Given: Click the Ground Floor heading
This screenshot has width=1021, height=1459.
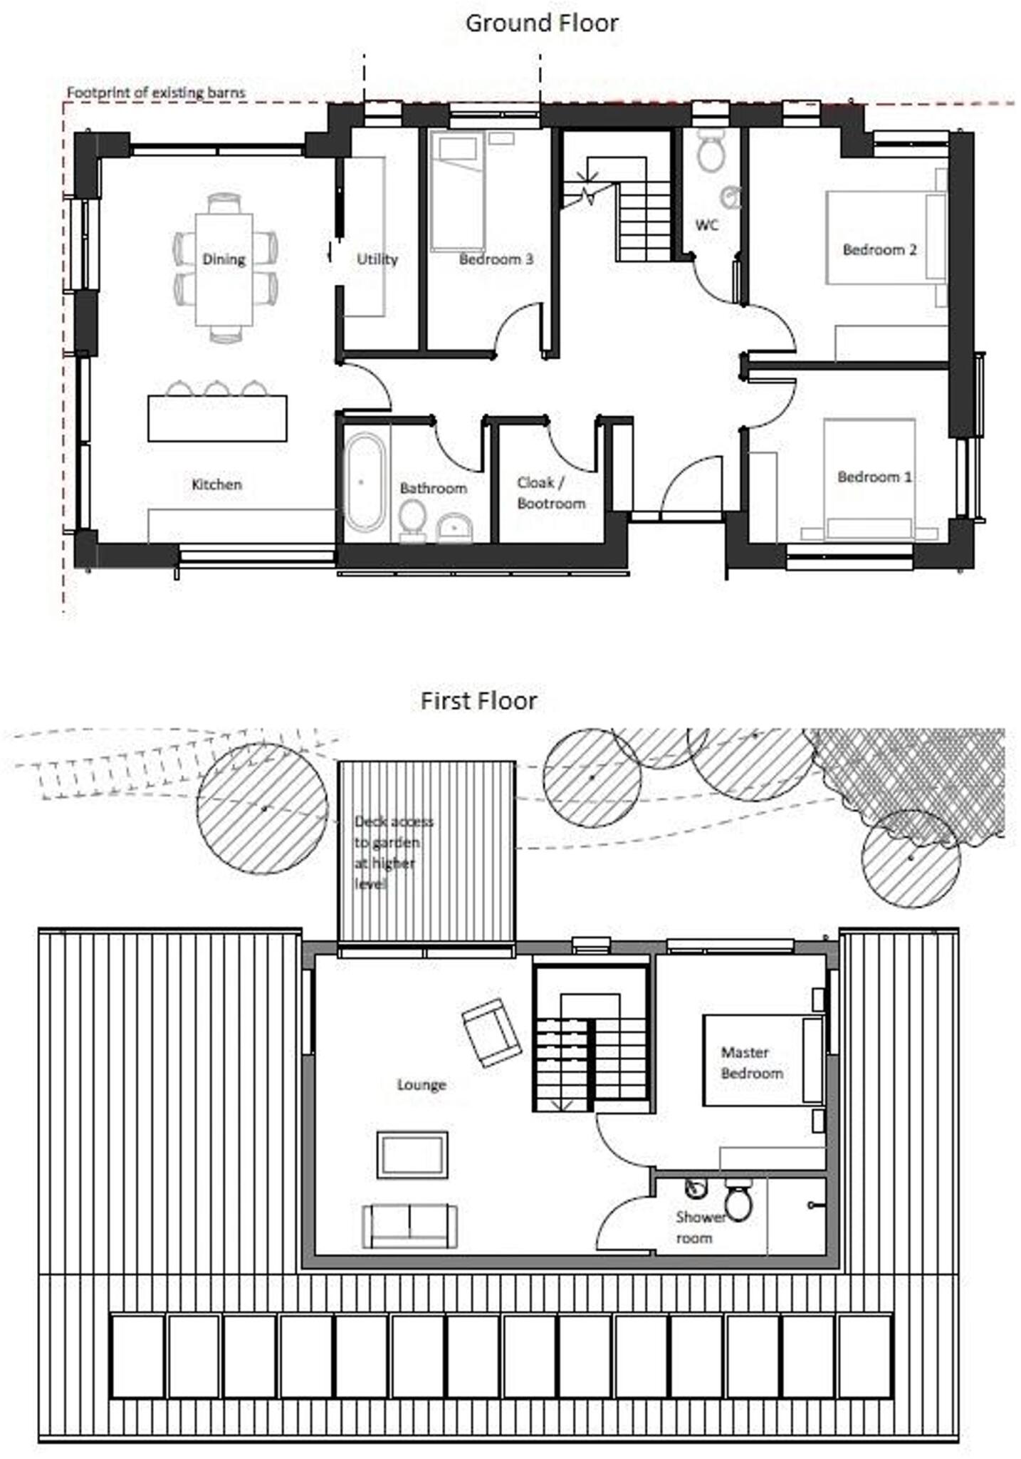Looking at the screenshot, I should pyautogui.click(x=541, y=23).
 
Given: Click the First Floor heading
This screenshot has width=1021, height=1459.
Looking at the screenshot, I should pyautogui.click(x=478, y=701).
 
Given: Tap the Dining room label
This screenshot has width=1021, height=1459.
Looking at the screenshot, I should pyautogui.click(x=224, y=259).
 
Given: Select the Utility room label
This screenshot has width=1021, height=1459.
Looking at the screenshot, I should pyautogui.click(x=377, y=259).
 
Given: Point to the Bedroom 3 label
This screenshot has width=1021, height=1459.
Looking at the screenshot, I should pyautogui.click(x=496, y=259).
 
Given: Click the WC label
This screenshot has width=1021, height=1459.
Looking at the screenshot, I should pyautogui.click(x=706, y=225).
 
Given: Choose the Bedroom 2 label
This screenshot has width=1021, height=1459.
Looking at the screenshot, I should pyautogui.click(x=879, y=249).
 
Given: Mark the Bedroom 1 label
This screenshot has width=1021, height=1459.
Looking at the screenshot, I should pyautogui.click(x=874, y=477).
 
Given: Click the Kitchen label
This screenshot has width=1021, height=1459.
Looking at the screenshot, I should pyautogui.click(x=216, y=484).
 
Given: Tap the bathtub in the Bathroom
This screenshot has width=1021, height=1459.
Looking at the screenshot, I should pyautogui.click(x=365, y=482).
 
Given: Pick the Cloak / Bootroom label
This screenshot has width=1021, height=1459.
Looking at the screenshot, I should pyautogui.click(x=551, y=493).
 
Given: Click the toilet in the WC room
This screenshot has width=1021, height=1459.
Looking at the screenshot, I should pyautogui.click(x=710, y=151).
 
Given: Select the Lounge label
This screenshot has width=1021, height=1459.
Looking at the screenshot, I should pyautogui.click(x=422, y=1084).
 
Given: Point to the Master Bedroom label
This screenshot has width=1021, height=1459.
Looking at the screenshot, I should pyautogui.click(x=752, y=1062).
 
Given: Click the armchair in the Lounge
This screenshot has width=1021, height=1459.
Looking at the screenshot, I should pyautogui.click(x=491, y=1032).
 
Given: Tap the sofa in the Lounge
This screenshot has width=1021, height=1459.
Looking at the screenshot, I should pyautogui.click(x=409, y=1225).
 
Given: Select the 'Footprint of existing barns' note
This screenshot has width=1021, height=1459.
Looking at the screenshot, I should pyautogui.click(x=156, y=93).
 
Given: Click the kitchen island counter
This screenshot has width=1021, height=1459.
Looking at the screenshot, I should pyautogui.click(x=217, y=418).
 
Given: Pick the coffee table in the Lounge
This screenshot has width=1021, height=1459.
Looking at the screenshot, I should pyautogui.click(x=412, y=1155).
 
